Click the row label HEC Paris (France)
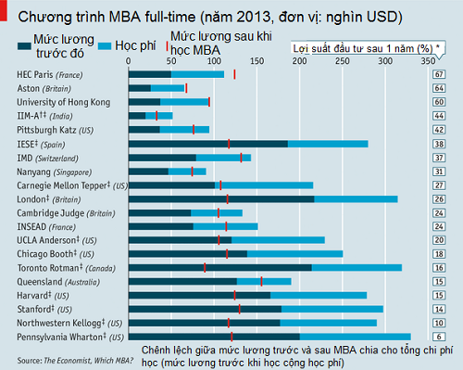click(55, 74)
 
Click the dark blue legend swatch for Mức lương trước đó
click(23, 45)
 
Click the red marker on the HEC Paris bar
click(235, 74)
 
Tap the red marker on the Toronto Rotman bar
click(205, 267)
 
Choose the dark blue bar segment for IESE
click(207, 144)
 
